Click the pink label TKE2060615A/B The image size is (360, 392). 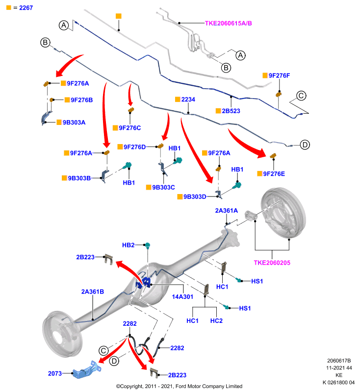pos(228,23)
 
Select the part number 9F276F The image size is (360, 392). pos(279,75)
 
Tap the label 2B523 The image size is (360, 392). pos(231,111)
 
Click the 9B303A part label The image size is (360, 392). pos(74,122)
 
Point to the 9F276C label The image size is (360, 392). pos(129,128)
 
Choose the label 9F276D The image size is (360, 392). pos(134,147)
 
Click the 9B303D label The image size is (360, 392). pos(195,197)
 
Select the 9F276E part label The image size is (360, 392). pos(274,174)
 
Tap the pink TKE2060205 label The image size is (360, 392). pos(272,263)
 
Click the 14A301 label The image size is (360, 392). pos(182,297)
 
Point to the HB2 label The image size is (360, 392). pos(129,245)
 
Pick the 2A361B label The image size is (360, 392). pos(93,292)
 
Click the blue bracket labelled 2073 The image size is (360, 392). pos(86,370)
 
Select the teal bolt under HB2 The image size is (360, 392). pos(148,245)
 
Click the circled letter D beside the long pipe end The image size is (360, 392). pos(305,145)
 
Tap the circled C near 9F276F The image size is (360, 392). pos(301,96)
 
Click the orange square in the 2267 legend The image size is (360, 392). pos(9,8)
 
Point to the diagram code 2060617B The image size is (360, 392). pos(339,361)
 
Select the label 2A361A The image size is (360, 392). pos(227,211)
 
